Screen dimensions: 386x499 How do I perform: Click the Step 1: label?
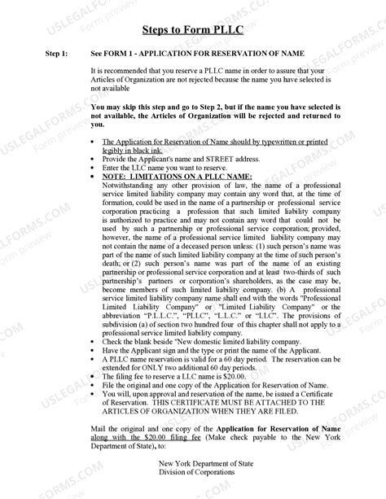point(56,53)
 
